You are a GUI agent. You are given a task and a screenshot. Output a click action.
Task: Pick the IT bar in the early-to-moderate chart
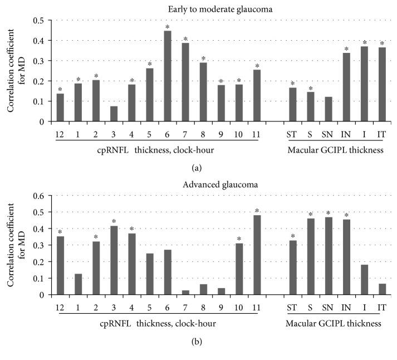coord(382,84)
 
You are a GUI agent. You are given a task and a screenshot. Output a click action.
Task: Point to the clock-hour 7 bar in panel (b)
coord(185,292)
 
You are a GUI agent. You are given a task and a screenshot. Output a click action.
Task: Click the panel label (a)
coord(198,166)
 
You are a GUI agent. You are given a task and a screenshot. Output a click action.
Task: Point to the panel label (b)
coord(198,340)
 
